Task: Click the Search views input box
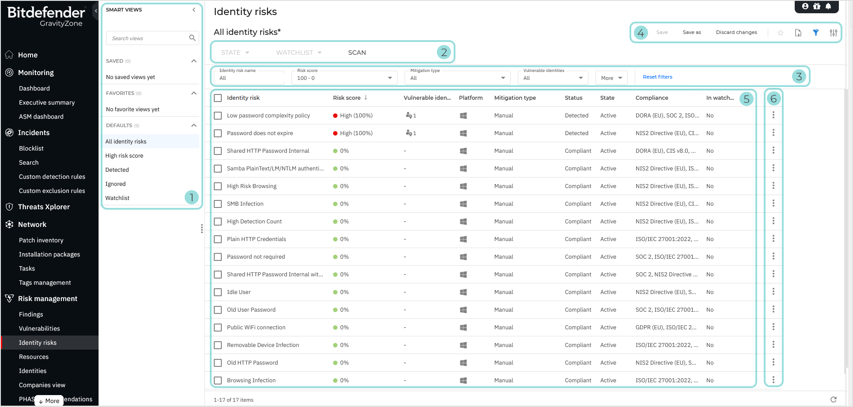pyautogui.click(x=148, y=38)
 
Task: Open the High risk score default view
pyautogui.click(x=124, y=156)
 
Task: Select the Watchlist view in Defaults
pyautogui.click(x=118, y=198)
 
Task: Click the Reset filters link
pyautogui.click(x=657, y=77)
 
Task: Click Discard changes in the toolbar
pyautogui.click(x=736, y=32)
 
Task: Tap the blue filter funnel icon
pyautogui.click(x=815, y=33)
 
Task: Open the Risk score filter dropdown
pyautogui.click(x=345, y=78)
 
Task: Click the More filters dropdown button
pyautogui.click(x=611, y=78)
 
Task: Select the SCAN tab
pyautogui.click(x=357, y=53)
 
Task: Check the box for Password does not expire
pyautogui.click(x=218, y=133)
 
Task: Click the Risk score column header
pyautogui.click(x=347, y=98)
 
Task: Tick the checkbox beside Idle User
pyautogui.click(x=218, y=292)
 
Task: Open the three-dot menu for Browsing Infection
pyautogui.click(x=773, y=380)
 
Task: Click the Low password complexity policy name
pyautogui.click(x=268, y=116)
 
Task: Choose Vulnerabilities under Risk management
pyautogui.click(x=39, y=328)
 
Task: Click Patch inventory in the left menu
pyautogui.click(x=41, y=240)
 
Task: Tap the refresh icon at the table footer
pyautogui.click(x=833, y=399)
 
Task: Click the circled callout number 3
pyautogui.click(x=799, y=76)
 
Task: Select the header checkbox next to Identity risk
pyautogui.click(x=218, y=98)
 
